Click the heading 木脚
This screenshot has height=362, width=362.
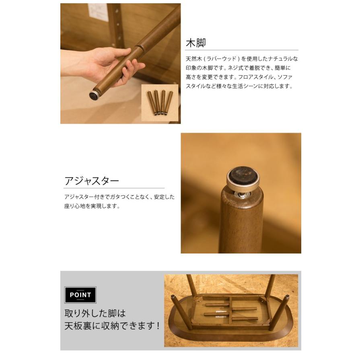tap(195, 43)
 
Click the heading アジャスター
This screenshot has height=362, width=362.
tap(92, 181)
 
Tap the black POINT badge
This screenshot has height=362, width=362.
tap(80, 295)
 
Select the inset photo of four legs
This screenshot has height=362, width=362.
tap(159, 103)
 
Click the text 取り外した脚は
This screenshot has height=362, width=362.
tap(95, 313)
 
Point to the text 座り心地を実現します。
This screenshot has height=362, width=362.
tap(93, 206)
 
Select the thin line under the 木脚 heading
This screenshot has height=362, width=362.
tap(242, 50)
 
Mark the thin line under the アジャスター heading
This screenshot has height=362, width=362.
tap(114, 188)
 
